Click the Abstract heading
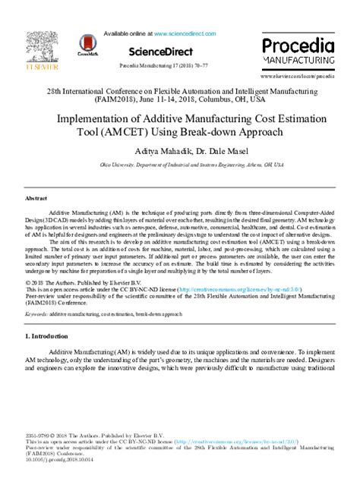36,197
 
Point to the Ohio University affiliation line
179,163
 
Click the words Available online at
127,34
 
